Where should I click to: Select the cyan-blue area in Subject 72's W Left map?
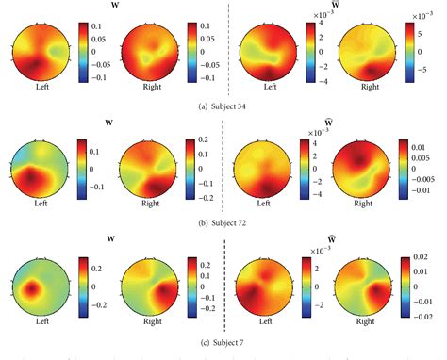click(28, 151)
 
